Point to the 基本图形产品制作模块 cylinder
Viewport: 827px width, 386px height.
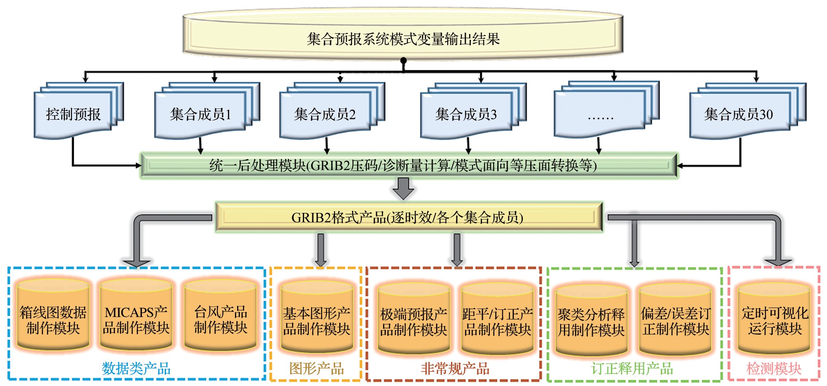pyautogui.click(x=317, y=317)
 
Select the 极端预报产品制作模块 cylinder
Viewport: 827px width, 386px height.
pyautogui.click(x=414, y=318)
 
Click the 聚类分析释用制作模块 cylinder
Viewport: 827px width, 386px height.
pyautogui.click(x=592, y=320)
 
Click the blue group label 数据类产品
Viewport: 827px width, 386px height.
pyautogui.click(x=136, y=368)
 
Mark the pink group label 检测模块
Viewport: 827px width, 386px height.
pyautogui.click(x=774, y=368)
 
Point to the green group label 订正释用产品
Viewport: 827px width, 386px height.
pyautogui.click(x=632, y=368)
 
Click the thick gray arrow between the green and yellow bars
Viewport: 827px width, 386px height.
pyautogui.click(x=403, y=189)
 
